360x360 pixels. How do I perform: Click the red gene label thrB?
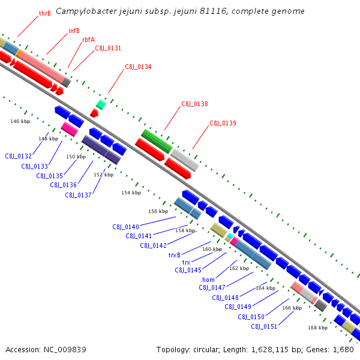tap(44, 13)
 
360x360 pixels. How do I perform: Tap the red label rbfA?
tap(88, 40)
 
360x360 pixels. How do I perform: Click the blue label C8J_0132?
tap(19, 156)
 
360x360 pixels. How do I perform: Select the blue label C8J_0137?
tap(78, 195)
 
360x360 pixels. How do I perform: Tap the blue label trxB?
tap(175, 255)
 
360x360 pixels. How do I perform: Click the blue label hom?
tap(208, 280)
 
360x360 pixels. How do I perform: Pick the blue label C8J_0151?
tap(264, 326)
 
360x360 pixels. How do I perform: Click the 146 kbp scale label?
tap(20, 121)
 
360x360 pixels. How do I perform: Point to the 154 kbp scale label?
tap(131, 193)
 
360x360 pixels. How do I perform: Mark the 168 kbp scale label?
tap(318, 328)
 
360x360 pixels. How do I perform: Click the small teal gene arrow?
tap(101, 104)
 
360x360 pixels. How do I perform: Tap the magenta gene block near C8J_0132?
tap(70, 129)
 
